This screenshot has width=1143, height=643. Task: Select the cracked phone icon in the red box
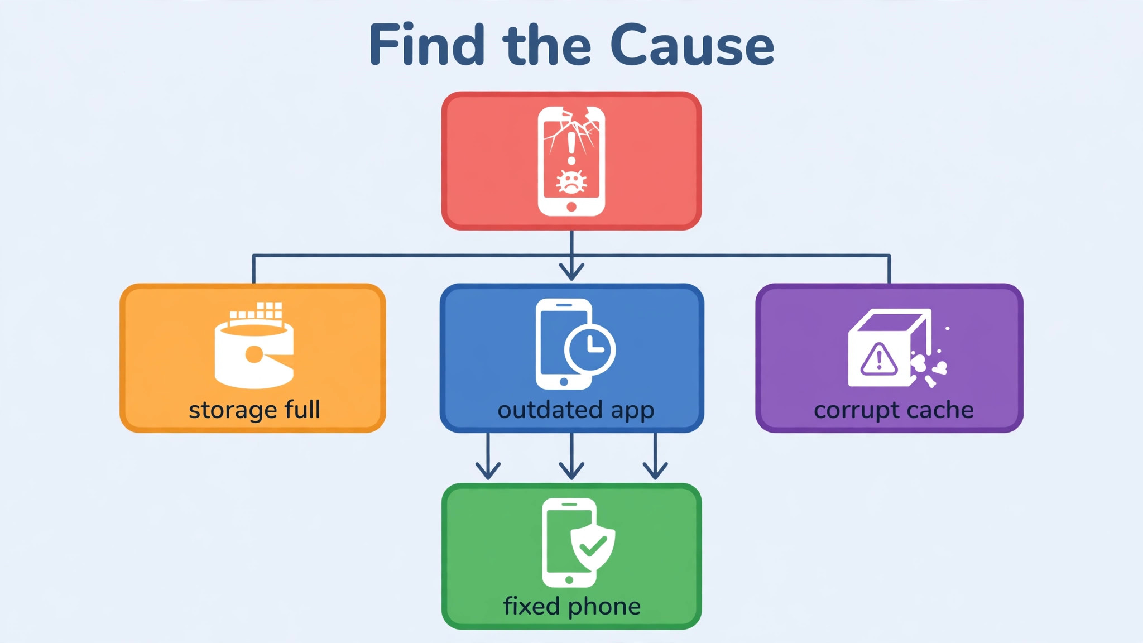pos(571,161)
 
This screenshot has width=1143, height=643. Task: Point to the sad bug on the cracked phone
pos(571,182)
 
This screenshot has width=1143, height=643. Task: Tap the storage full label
pos(254,410)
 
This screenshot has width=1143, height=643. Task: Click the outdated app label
pos(575,410)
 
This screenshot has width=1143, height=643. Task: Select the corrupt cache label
pos(894,410)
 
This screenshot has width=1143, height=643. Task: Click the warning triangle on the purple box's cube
pos(879,359)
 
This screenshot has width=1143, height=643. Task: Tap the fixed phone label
pos(572,606)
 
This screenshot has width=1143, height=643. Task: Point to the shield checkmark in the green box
pos(592,547)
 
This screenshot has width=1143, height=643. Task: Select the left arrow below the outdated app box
pos(488,456)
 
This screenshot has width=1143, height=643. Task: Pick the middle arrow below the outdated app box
pos(571,456)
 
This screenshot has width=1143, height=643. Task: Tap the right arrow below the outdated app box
pos(655,456)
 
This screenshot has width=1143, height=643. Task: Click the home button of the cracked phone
pos(571,207)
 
